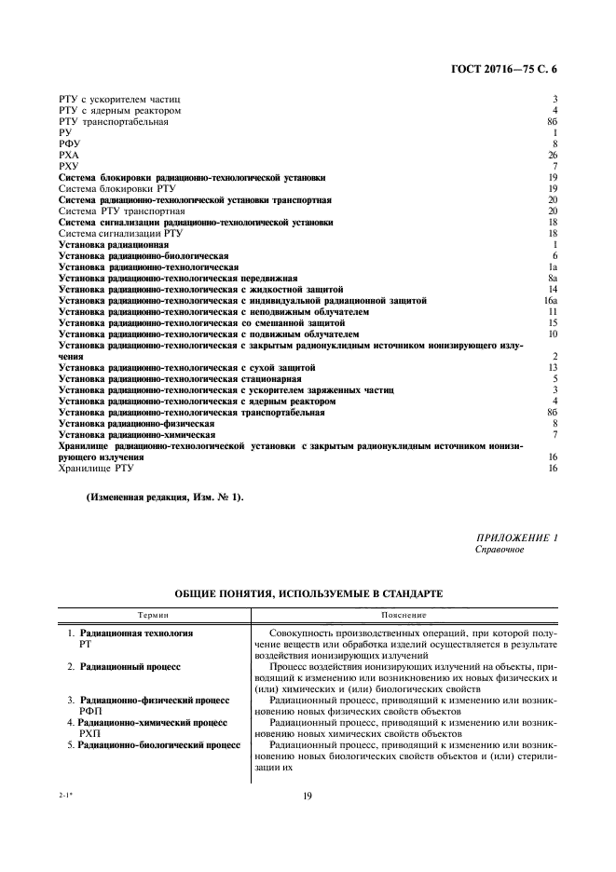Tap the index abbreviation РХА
[x=69, y=156]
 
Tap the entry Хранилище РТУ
[x=99, y=469]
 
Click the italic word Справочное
[x=500, y=550]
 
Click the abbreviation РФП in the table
[x=91, y=710]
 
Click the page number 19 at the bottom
[x=307, y=795]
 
